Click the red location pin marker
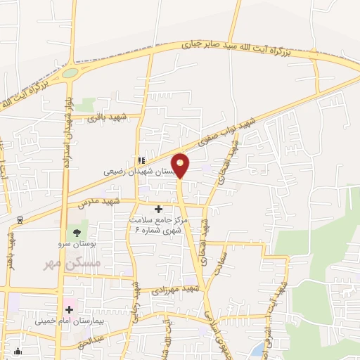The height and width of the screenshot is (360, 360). coord(180,165)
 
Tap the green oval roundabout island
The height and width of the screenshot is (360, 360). coord(70,72)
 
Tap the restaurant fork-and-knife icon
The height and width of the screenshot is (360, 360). coord(141,160)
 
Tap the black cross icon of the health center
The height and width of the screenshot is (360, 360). coord(158,209)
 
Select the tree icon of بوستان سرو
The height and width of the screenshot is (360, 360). coord(74,232)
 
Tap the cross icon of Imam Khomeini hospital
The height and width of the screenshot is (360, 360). coord(70,309)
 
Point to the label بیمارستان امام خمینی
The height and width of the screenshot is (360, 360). coord(69,321)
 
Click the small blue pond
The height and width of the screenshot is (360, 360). coord(259,347)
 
